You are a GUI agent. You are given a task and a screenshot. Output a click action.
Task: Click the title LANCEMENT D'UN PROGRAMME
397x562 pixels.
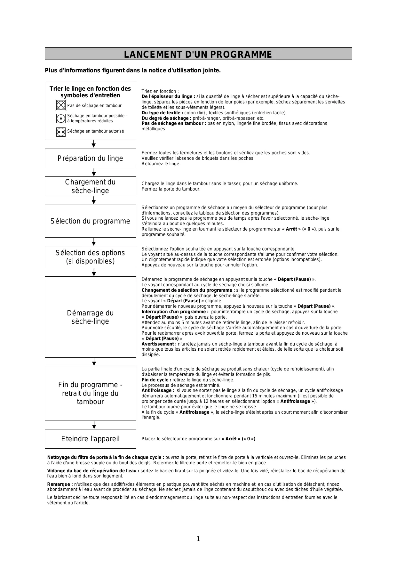(x=198, y=54)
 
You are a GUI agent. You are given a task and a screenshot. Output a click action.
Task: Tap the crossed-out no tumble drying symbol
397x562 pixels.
(x=61, y=105)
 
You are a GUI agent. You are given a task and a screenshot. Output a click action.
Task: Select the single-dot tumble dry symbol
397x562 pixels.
(x=61, y=118)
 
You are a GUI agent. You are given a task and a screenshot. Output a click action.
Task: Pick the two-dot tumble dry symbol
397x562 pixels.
(x=61, y=132)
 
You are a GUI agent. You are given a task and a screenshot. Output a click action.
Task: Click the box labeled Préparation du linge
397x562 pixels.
(x=91, y=158)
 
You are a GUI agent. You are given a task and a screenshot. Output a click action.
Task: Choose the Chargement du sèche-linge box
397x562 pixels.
(x=91, y=186)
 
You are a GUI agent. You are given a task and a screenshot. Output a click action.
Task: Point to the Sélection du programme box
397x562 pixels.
(x=91, y=221)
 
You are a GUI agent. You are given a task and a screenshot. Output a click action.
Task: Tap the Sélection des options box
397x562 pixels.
(x=91, y=257)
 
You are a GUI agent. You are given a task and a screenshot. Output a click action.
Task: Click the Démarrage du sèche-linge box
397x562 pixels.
(x=91, y=317)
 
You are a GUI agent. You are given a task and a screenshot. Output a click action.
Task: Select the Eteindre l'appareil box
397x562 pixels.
(x=91, y=439)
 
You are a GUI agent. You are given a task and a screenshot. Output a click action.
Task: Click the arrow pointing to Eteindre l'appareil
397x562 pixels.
(x=94, y=425)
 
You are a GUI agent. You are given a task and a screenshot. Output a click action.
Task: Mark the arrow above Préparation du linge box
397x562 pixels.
(x=94, y=144)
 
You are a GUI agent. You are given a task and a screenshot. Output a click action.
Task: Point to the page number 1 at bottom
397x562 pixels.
(x=198, y=539)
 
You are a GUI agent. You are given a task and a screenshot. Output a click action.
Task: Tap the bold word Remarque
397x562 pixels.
(x=60, y=484)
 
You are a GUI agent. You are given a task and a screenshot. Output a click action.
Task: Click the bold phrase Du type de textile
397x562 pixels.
(x=162, y=113)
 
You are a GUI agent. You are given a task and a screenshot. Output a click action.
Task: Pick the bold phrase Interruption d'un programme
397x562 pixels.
(x=175, y=312)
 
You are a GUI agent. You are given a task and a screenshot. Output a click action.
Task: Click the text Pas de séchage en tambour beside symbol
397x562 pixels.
(x=94, y=105)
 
